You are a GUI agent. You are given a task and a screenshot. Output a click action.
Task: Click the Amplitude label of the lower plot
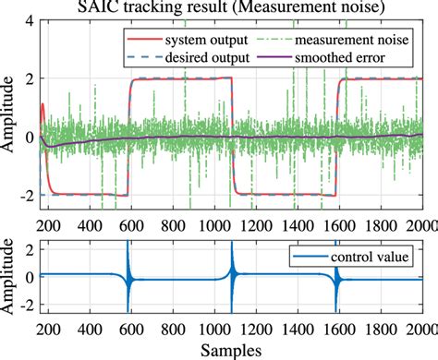pyautogui.click(x=11, y=277)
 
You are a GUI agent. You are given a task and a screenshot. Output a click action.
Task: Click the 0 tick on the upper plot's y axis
pyautogui.click(x=30, y=137)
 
